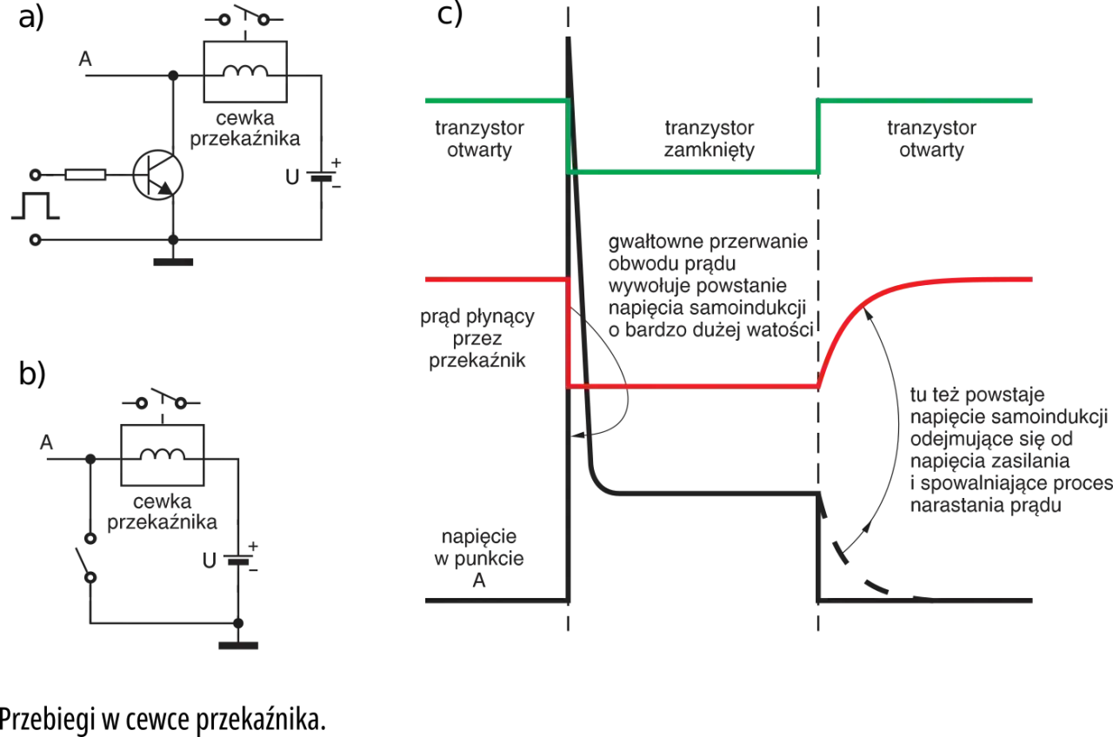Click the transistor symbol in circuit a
pos(158,175)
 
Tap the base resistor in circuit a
pos(85,175)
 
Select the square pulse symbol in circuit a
pos(36,206)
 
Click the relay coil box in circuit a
pos(245,71)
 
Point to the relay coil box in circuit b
pos(163,455)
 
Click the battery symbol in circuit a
pos(322,176)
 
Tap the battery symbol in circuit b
pos(238,559)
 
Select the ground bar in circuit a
pos(173,262)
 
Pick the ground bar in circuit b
pos(238,646)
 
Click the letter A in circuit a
pos(85,59)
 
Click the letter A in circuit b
pos(46,442)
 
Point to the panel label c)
pos(450,14)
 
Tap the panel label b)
pos(32,374)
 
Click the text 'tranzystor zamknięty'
pos(709,138)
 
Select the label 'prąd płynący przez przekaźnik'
pos(477,338)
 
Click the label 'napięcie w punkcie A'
pos(478,558)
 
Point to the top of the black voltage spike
pos(569,37)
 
